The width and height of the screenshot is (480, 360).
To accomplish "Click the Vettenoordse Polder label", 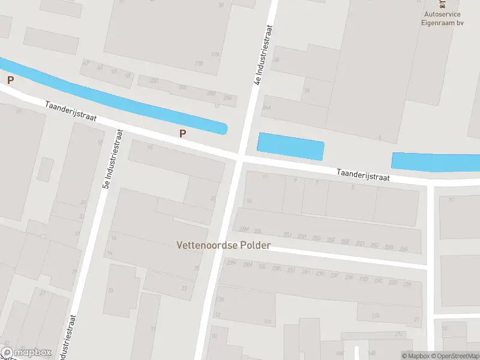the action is [x=223, y=245].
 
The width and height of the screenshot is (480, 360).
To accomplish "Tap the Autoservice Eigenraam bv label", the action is [x=444, y=18].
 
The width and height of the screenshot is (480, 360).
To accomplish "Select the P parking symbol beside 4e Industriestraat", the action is [x=182, y=134].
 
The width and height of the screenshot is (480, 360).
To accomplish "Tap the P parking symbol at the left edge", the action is [x=10, y=79].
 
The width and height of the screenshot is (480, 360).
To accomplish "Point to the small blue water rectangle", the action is [x=290, y=146].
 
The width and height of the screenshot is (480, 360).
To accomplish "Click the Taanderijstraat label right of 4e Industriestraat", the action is [x=362, y=175].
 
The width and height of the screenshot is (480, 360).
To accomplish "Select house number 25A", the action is [x=404, y=248].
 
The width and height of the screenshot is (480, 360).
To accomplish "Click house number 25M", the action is [x=244, y=229].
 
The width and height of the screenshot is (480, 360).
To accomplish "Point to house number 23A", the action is [x=407, y=284].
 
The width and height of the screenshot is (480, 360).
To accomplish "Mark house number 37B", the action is [x=215, y=62].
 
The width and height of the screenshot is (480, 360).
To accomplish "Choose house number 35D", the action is [x=211, y=93].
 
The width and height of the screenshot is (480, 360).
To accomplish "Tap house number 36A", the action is [x=266, y=107].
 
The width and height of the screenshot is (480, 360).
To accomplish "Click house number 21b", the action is [x=376, y=315].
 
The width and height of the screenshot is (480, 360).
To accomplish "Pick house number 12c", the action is [x=268, y=322].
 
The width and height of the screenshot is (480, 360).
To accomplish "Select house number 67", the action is [x=86, y=62].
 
